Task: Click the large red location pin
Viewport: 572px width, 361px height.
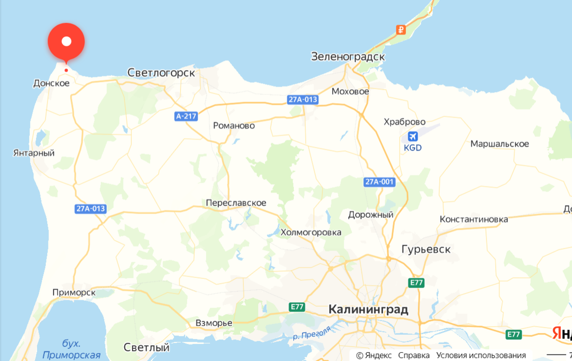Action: click(66, 41)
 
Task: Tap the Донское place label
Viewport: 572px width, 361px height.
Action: click(51, 83)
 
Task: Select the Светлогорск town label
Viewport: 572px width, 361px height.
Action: click(161, 72)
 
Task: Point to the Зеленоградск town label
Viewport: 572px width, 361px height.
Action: click(348, 57)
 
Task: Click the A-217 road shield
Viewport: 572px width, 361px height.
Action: click(186, 116)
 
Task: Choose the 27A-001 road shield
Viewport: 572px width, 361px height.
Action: click(379, 182)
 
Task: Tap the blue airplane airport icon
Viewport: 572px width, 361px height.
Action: click(413, 136)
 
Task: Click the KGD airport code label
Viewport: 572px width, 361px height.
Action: click(413, 148)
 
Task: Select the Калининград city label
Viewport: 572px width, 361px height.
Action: click(368, 309)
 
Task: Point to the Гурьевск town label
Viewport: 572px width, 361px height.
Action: click(426, 249)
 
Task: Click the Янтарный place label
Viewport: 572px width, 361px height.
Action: click(34, 153)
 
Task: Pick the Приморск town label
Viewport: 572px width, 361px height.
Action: click(74, 292)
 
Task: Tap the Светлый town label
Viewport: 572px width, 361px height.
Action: click(146, 347)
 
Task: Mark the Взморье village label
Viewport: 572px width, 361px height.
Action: click(214, 323)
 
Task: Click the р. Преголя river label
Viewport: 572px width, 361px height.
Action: click(312, 333)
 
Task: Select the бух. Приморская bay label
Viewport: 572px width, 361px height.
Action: click(71, 349)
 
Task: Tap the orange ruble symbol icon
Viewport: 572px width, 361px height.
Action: click(401, 29)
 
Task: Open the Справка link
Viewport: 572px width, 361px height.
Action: click(414, 355)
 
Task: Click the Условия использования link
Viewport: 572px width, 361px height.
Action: click(481, 355)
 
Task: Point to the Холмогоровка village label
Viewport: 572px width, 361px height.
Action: click(311, 233)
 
